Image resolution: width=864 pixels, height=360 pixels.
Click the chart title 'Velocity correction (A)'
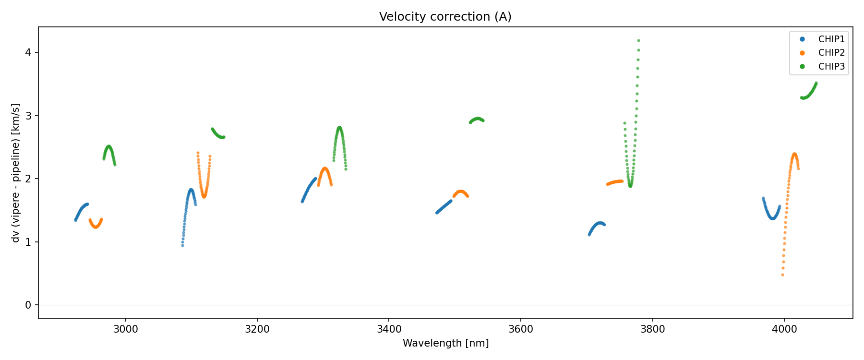pyautogui.click(x=445, y=17)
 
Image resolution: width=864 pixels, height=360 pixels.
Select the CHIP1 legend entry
pyautogui.click(x=831, y=39)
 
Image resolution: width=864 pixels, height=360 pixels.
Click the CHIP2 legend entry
pyautogui.click(x=831, y=53)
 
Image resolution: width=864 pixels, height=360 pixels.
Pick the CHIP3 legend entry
pyautogui.click(x=831, y=67)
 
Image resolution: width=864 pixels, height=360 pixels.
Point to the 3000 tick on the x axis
pyautogui.click(x=125, y=329)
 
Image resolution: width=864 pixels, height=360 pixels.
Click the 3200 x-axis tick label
pyautogui.click(x=257, y=329)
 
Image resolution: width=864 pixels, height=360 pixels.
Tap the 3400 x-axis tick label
pyautogui.click(x=389, y=329)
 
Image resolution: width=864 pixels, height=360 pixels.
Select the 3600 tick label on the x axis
pyautogui.click(x=521, y=329)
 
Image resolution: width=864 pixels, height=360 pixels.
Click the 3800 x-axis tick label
pyautogui.click(x=652, y=329)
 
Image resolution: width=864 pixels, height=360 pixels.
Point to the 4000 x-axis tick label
pyautogui.click(x=784, y=329)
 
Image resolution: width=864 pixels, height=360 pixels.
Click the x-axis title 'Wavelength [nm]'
pyautogui.click(x=445, y=343)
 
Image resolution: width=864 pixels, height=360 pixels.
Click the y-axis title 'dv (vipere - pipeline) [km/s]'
pyautogui.click(x=16, y=173)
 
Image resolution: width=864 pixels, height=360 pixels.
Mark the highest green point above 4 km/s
pyautogui.click(x=638, y=40)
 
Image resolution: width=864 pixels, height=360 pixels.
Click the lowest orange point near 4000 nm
pyautogui.click(x=782, y=275)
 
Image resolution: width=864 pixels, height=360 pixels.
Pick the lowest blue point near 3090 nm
pyautogui.click(x=182, y=245)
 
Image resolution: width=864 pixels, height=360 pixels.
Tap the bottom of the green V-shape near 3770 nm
pyautogui.click(x=630, y=186)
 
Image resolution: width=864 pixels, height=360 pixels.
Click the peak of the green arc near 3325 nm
pyautogui.click(x=339, y=128)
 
